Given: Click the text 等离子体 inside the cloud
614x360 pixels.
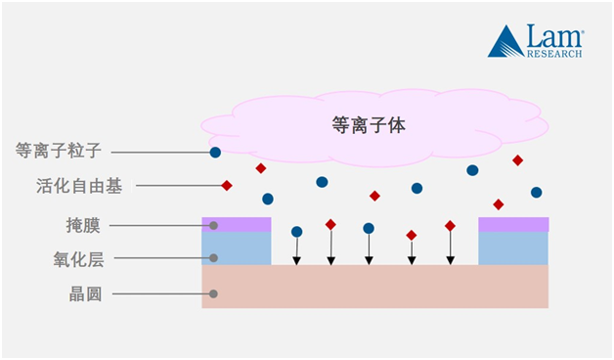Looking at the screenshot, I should (x=368, y=125).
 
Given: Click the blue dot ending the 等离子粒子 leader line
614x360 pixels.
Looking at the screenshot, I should (x=215, y=153).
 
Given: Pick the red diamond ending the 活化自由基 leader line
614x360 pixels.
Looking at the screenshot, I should (x=227, y=185).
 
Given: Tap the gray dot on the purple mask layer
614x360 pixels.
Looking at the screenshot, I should (x=214, y=226).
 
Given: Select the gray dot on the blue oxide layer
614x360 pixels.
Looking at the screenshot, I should (x=214, y=259).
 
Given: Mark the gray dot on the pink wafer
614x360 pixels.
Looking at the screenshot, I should (x=214, y=293).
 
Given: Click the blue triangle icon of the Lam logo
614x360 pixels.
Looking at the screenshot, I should (x=505, y=41).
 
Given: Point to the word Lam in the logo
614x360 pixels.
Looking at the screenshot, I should (x=554, y=37).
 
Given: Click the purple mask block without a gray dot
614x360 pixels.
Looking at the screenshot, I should (x=513, y=224).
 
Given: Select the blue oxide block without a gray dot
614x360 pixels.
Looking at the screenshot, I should (x=513, y=248).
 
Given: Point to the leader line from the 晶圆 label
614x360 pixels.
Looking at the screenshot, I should (x=162, y=293).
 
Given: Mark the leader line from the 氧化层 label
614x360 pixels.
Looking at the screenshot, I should (x=160, y=259).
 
